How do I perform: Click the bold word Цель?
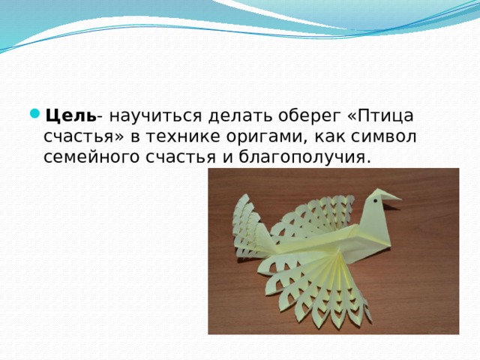[70, 116]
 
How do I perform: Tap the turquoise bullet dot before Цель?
[35, 114]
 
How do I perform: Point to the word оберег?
[310, 117]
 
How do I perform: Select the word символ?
[384, 136]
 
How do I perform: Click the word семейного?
[91, 157]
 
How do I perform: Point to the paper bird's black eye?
[375, 201]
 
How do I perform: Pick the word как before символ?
[328, 136]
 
